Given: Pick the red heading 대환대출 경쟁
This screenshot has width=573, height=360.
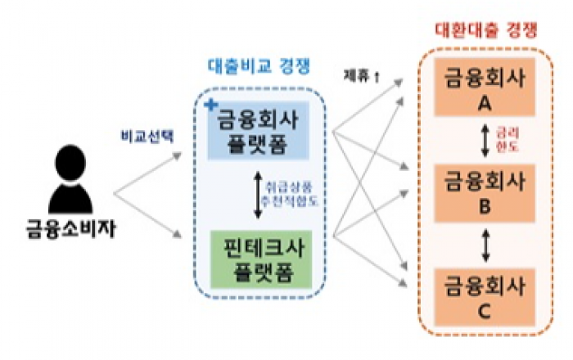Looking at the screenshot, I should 485,30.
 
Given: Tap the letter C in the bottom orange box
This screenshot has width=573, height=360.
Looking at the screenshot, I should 484,311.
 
